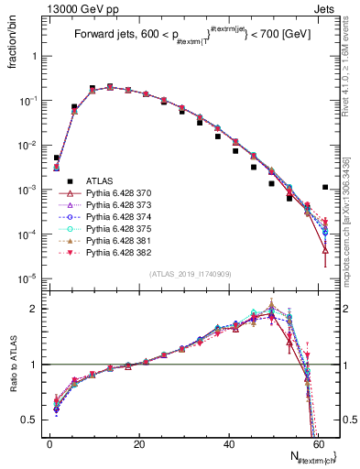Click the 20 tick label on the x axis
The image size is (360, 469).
click(138, 442)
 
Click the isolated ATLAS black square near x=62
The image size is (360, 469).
click(325, 187)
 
